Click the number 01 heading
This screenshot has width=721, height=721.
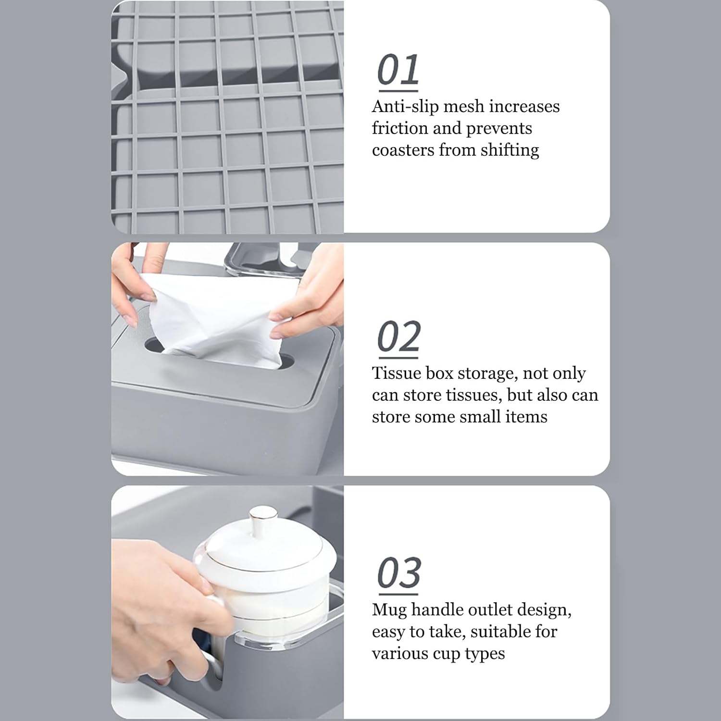(x=398, y=70)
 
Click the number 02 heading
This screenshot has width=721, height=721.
(x=398, y=337)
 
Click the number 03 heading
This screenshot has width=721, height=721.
(x=399, y=573)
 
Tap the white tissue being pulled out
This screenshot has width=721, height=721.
(x=216, y=322)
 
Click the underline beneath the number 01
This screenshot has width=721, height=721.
(x=398, y=90)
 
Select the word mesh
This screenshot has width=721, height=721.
(x=463, y=106)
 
